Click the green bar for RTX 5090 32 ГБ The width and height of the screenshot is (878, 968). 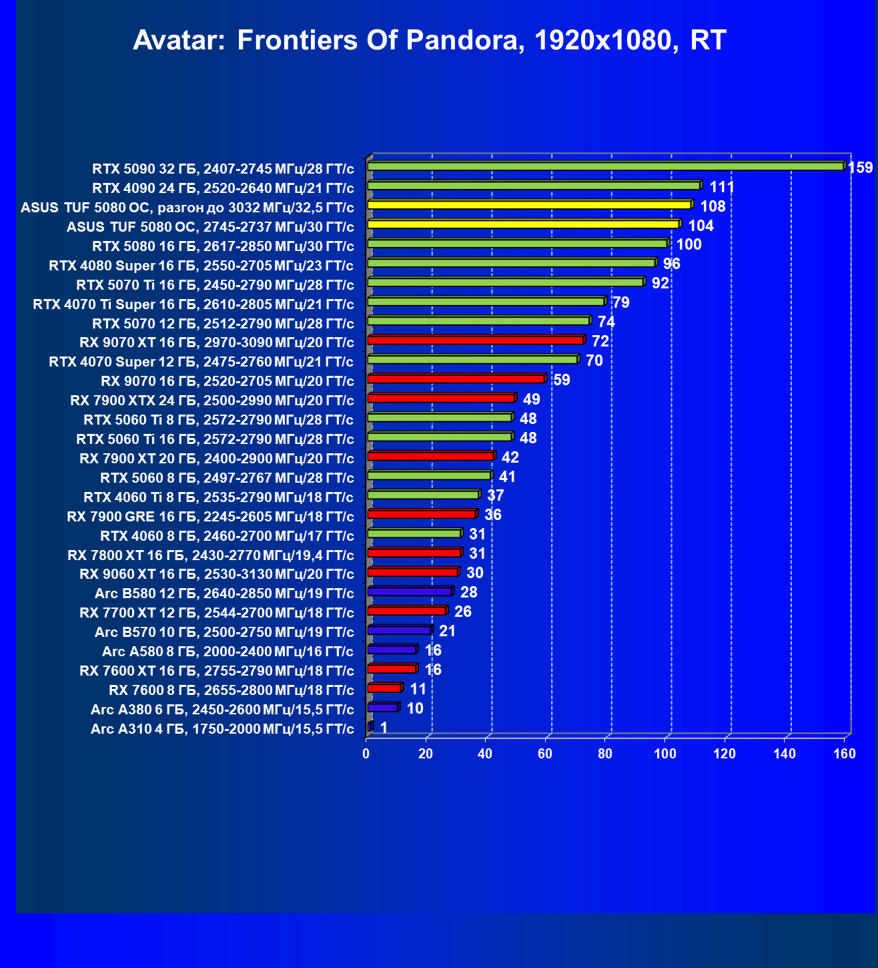click(x=605, y=166)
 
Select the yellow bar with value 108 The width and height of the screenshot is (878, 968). click(x=529, y=205)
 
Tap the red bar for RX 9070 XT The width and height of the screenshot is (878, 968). click(x=475, y=340)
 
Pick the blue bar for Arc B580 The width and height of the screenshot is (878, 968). click(x=410, y=591)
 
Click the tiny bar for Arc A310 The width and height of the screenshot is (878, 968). click(x=370, y=726)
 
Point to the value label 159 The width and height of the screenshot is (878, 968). click(x=860, y=168)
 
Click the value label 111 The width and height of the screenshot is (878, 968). click(x=722, y=187)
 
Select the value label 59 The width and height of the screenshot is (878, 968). click(x=562, y=380)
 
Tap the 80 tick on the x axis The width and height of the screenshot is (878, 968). click(x=605, y=754)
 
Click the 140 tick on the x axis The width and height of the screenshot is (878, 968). click(x=785, y=754)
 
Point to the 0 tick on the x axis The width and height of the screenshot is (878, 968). click(x=366, y=754)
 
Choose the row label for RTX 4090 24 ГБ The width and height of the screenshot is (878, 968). click(x=223, y=188)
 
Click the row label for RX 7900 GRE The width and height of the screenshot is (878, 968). click(x=210, y=517)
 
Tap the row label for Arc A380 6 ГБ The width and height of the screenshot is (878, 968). click(x=222, y=710)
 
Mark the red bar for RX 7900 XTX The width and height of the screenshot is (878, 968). click(x=441, y=399)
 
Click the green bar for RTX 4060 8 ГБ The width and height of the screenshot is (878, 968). click(x=414, y=533)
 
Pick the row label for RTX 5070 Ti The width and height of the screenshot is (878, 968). click(x=215, y=285)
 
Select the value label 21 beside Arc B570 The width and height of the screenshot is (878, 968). click(x=447, y=631)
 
